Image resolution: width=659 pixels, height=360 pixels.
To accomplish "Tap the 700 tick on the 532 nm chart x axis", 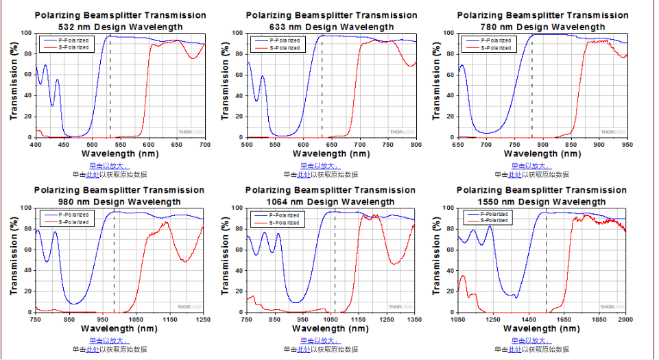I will [204, 145].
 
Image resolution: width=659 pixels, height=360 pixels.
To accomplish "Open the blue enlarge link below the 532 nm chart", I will [108, 165].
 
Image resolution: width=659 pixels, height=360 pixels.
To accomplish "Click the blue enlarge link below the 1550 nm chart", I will [531, 340].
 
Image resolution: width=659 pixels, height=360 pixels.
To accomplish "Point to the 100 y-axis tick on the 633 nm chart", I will [235, 33].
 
